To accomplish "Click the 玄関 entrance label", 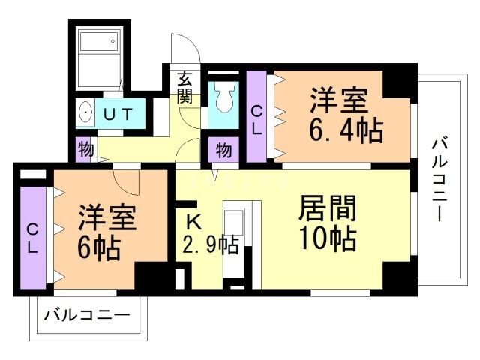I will point(185,86).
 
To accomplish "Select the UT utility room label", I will point(118,115).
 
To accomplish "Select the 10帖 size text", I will point(326,239).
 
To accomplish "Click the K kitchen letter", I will point(193,221).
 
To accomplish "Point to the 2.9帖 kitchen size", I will point(211,245).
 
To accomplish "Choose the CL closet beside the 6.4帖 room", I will point(256,118).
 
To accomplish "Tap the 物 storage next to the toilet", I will point(223,150).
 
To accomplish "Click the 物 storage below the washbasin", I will point(85,149).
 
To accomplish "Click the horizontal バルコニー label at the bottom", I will point(87,314).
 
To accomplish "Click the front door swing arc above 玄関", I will point(184,49).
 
